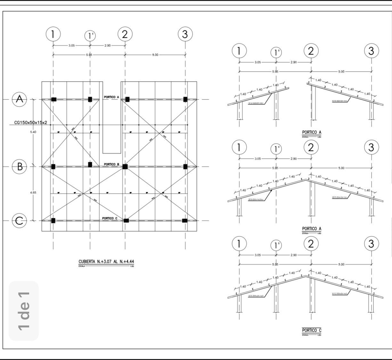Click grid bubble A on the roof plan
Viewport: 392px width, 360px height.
(20, 99)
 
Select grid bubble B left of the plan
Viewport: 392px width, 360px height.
(20, 166)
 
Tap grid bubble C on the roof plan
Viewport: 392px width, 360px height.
(20, 220)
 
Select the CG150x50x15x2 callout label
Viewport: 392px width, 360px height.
(31, 122)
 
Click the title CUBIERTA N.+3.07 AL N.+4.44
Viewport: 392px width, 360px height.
(106, 261)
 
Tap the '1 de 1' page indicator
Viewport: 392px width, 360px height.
(24, 310)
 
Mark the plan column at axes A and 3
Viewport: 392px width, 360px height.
(185, 99)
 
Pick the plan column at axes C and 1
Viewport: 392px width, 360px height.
(53, 220)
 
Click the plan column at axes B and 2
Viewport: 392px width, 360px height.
(125, 166)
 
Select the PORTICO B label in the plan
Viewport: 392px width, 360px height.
(111, 164)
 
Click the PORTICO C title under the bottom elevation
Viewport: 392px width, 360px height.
(311, 330)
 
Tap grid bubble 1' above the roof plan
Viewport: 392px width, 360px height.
(90, 36)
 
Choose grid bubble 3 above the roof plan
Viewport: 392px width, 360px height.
(185, 34)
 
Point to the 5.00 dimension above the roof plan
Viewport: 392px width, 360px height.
(155, 55)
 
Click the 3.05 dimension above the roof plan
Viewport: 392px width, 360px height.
(71, 45)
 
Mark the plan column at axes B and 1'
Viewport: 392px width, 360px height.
(90, 164)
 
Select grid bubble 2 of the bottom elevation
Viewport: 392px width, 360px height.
(311, 244)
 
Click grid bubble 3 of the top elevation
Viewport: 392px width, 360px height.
(371, 51)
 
